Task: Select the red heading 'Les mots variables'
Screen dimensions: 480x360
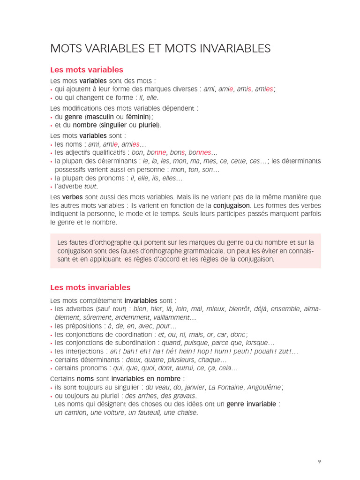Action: click(87, 70)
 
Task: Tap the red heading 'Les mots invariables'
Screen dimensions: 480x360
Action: click(90, 287)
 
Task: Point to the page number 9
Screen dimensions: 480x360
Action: click(319, 462)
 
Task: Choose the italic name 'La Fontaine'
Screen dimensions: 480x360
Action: click(226, 387)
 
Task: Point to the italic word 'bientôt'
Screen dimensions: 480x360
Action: click(240, 309)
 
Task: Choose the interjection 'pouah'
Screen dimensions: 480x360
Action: click(261, 352)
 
